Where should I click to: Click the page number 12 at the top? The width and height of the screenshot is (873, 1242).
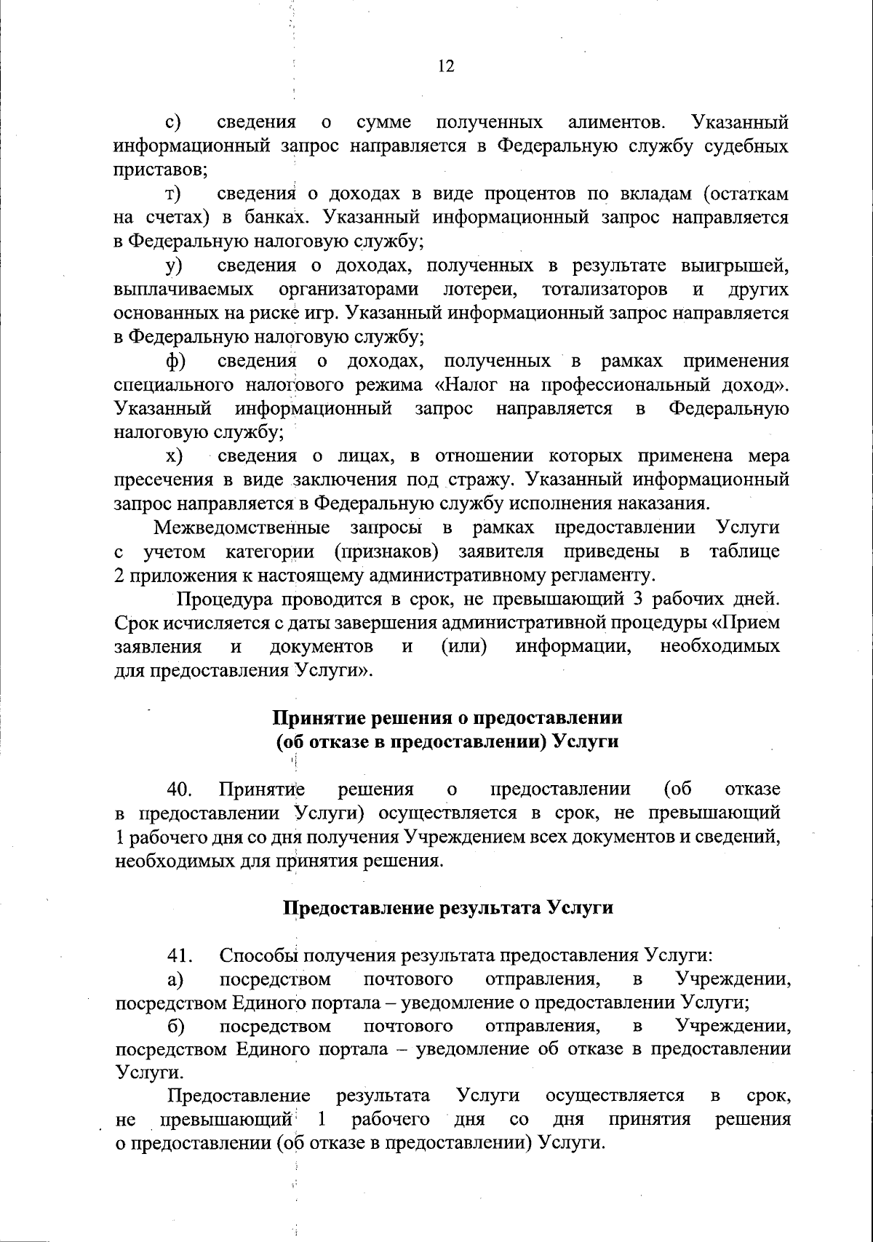pyautogui.click(x=446, y=66)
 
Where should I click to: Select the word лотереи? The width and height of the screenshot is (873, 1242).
pyautogui.click(x=479, y=289)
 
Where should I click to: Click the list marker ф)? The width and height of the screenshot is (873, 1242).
pyautogui.click(x=175, y=361)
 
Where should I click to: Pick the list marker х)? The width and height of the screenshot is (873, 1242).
pyautogui.click(x=174, y=456)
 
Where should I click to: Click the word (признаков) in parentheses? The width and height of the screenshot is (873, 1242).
pyautogui.click(x=386, y=551)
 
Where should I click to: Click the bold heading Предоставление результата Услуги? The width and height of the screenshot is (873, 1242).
pyautogui.click(x=447, y=908)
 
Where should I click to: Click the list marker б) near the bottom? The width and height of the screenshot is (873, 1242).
pyautogui.click(x=175, y=1026)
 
